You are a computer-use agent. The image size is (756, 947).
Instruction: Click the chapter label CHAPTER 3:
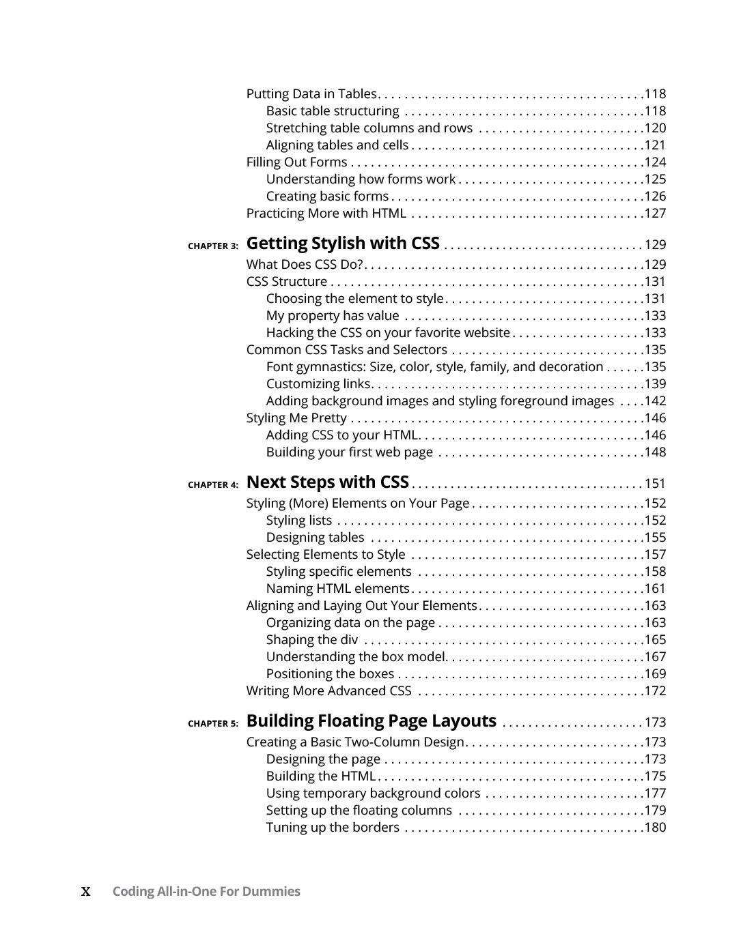point(213,246)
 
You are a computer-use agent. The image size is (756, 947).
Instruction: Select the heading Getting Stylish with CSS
point(343,244)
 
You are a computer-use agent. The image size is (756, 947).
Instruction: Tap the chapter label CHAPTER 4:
point(213,485)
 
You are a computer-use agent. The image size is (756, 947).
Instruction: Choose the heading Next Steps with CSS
point(327,482)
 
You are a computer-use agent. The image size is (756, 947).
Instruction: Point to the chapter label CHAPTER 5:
point(213,724)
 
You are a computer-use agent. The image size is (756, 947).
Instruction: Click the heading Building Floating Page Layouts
point(371,721)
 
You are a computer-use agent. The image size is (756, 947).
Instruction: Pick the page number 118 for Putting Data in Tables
point(655,94)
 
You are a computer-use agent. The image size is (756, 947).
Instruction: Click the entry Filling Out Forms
point(296,162)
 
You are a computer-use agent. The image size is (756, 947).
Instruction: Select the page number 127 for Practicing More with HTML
point(655,214)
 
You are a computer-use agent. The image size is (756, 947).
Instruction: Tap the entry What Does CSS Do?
point(304,265)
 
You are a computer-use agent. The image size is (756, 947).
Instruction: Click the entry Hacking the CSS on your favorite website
point(388,333)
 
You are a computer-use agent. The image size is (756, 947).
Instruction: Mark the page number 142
point(655,401)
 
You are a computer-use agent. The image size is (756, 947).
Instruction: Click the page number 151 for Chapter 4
point(655,484)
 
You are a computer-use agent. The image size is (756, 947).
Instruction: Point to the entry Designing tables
point(315,538)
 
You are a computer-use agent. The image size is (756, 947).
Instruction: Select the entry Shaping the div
point(311,640)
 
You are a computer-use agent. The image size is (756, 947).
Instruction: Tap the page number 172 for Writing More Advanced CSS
point(655,691)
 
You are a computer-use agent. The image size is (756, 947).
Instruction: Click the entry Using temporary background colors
point(373,793)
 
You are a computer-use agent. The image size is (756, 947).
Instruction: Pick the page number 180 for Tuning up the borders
point(655,828)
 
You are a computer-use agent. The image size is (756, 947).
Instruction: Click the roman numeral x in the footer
point(86,892)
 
